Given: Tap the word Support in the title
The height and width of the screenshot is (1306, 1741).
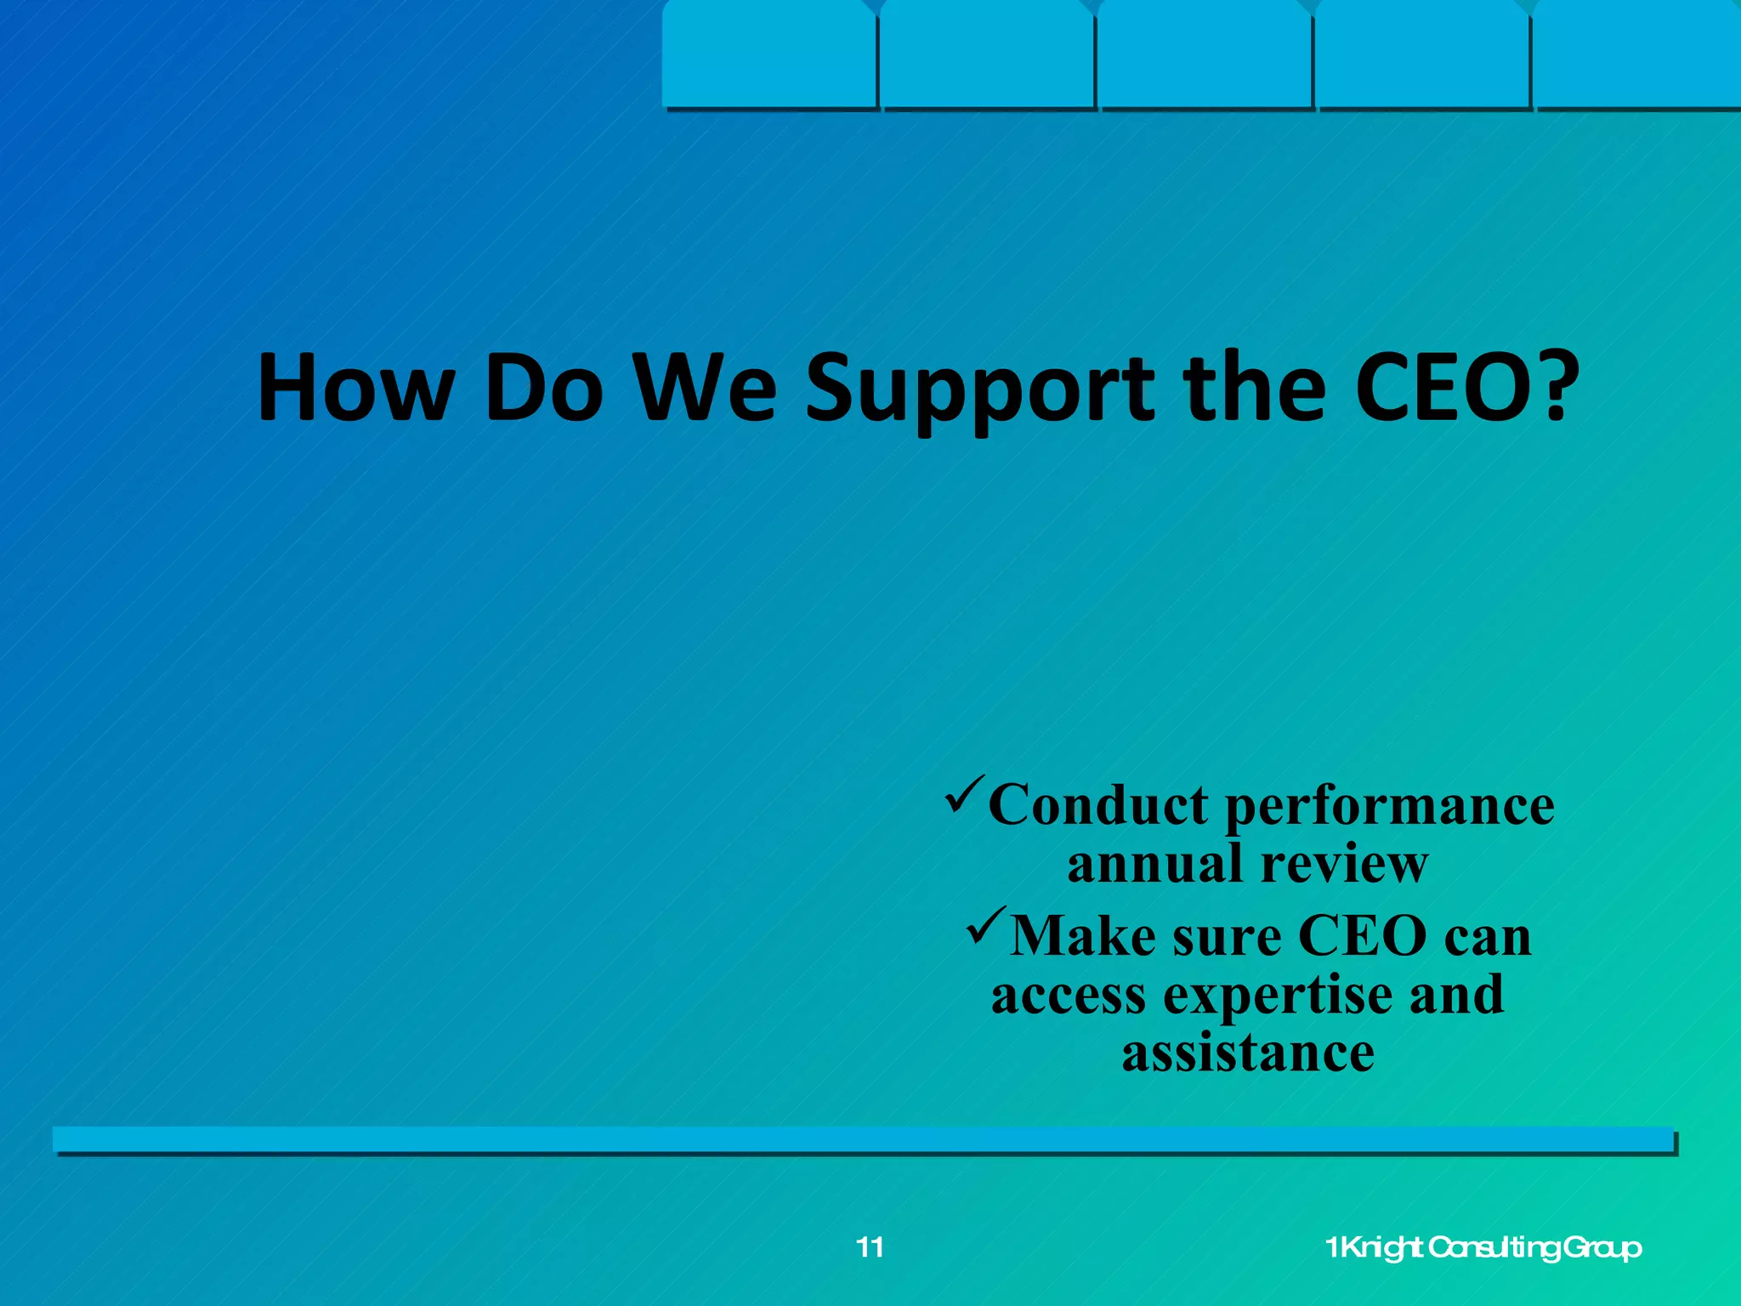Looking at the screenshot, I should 978,389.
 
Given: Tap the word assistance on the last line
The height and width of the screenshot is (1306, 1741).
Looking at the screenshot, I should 1248,1053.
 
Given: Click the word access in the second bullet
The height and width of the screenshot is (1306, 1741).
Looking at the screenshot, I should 1069,995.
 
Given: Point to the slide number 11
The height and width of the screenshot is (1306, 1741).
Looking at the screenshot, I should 870,1247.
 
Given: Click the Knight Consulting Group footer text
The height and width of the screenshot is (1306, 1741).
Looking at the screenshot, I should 1483,1247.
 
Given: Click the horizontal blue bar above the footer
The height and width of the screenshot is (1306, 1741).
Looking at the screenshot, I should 863,1139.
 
